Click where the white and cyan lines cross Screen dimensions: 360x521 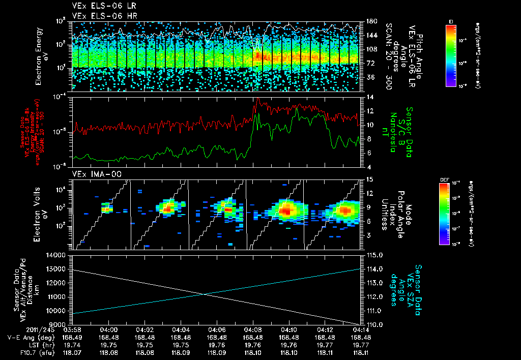point(204,294)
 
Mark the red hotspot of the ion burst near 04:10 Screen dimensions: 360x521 point(287,209)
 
